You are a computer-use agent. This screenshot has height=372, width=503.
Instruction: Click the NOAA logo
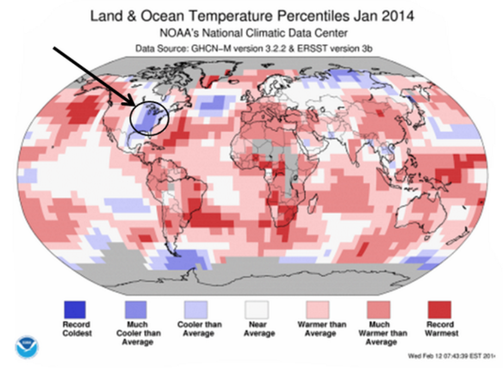pos(27,347)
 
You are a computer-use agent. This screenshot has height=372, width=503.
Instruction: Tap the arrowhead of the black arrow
pos(138,105)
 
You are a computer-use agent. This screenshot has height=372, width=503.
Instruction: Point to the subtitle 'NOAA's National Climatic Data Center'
pos(251,33)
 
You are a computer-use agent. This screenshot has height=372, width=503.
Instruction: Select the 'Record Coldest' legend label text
pos(73,329)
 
